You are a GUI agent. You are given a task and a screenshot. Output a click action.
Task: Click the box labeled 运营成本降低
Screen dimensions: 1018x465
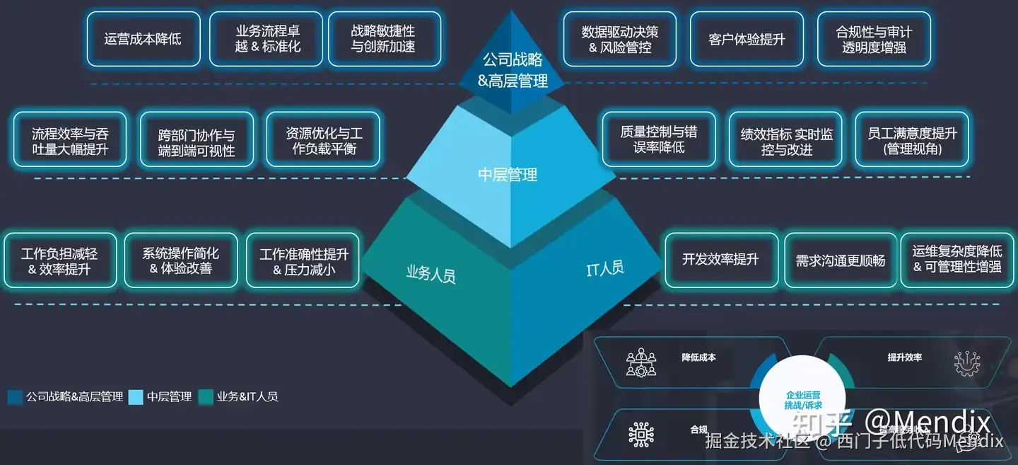144,39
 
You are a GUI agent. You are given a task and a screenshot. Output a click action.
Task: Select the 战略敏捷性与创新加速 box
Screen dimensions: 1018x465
384,39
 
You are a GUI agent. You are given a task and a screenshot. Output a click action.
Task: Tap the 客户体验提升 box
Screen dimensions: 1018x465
747,39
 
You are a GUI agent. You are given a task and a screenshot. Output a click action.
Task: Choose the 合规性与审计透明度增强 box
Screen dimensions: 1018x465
874,40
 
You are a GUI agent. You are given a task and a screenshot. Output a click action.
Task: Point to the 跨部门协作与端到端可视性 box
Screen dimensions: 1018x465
197,141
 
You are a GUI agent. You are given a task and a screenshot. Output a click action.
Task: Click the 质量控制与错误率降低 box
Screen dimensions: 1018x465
659,139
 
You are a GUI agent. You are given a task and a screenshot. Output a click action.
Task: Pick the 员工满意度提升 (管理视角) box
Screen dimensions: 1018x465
912,139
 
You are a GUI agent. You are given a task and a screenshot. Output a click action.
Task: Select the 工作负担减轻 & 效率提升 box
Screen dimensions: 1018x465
60,261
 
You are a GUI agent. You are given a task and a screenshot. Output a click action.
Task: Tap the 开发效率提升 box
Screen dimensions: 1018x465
720,260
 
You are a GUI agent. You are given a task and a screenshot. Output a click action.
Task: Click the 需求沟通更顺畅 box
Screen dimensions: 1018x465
841,260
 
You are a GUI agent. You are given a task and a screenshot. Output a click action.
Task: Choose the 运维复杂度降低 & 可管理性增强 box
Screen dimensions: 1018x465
957,260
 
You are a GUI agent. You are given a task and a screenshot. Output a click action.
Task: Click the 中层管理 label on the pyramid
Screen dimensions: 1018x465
508,174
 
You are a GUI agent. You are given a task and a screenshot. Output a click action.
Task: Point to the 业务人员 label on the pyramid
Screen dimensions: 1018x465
431,273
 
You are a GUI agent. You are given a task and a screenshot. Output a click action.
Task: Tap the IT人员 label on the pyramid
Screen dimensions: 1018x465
604,268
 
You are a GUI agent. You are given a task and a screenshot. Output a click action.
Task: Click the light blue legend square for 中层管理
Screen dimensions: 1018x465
136,397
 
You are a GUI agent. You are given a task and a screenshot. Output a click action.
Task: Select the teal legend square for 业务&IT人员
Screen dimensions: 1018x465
206,397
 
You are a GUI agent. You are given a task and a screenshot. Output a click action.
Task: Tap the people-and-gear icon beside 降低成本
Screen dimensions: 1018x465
641,362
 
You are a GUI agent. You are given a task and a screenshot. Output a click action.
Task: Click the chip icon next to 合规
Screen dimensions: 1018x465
641,432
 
